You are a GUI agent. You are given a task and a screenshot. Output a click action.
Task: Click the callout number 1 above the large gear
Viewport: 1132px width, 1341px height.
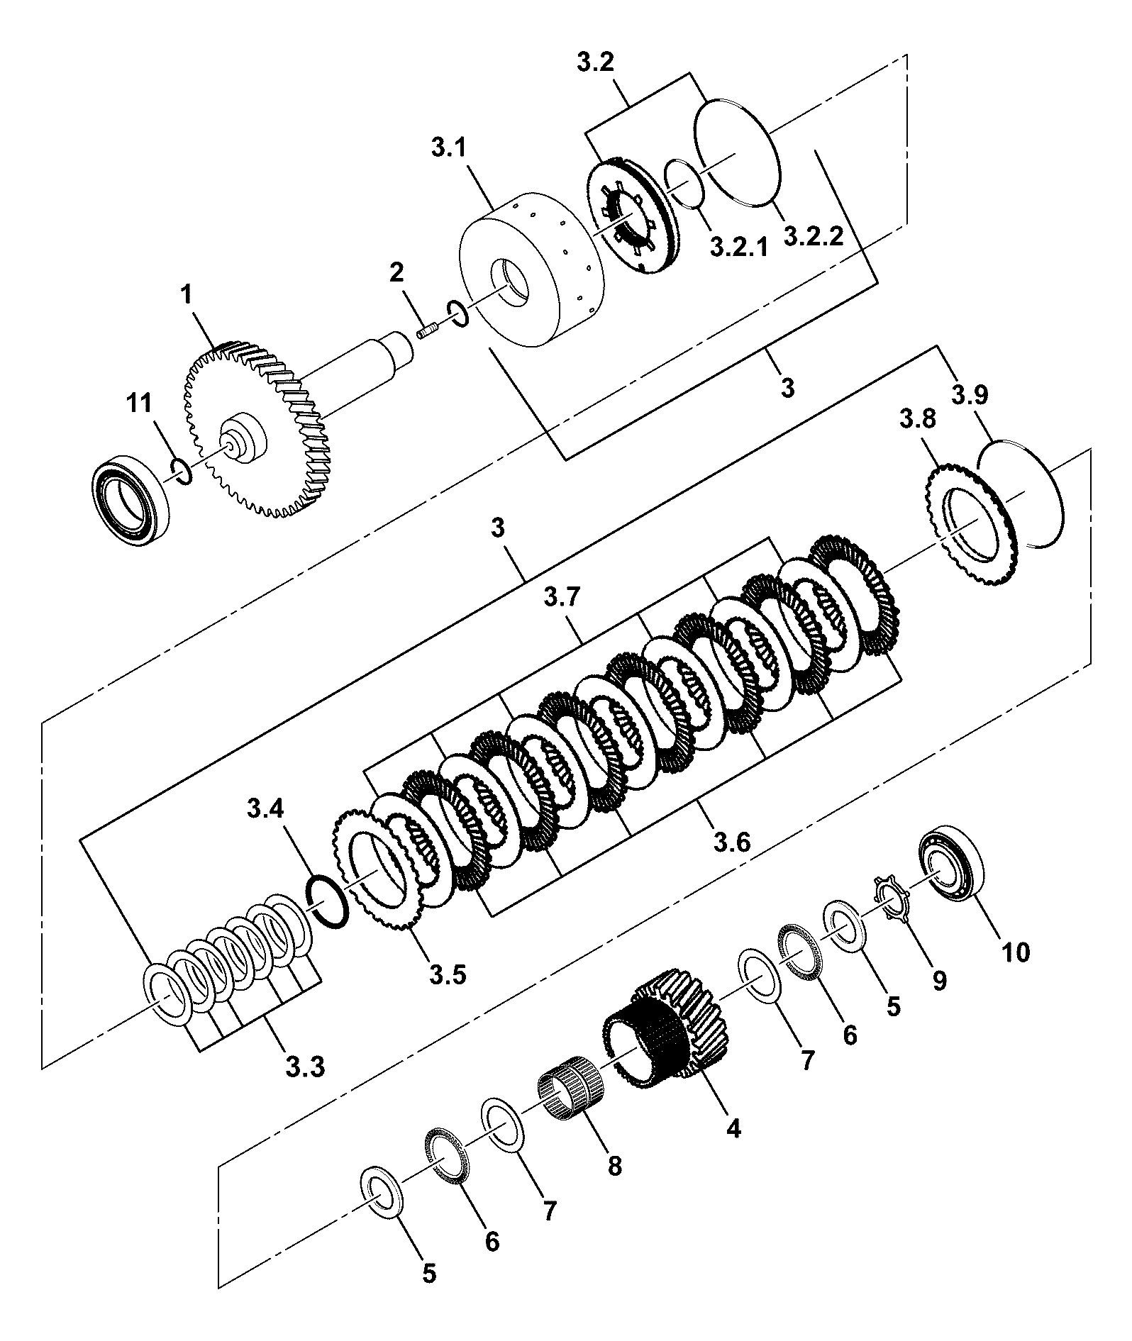[x=187, y=295]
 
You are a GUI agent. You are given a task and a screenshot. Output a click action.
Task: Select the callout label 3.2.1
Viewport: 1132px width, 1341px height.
[x=738, y=247]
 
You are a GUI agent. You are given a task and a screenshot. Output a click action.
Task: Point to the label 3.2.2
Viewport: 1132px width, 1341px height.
[x=814, y=235]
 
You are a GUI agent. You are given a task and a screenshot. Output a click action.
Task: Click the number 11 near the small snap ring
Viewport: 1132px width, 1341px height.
[x=139, y=404]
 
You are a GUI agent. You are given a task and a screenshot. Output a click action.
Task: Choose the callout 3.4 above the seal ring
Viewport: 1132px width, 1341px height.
[x=266, y=807]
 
